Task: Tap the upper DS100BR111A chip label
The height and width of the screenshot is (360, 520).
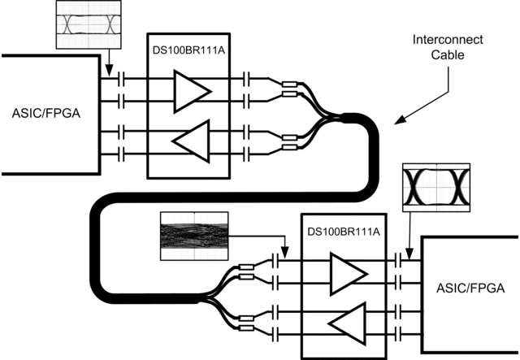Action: (x=188, y=50)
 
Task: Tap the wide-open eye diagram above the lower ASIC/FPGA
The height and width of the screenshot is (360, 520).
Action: (x=436, y=188)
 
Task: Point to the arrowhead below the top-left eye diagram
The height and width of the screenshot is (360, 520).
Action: (x=108, y=76)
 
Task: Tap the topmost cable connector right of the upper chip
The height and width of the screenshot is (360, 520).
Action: (x=288, y=84)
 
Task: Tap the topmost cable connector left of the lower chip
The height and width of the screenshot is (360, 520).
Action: (x=244, y=267)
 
